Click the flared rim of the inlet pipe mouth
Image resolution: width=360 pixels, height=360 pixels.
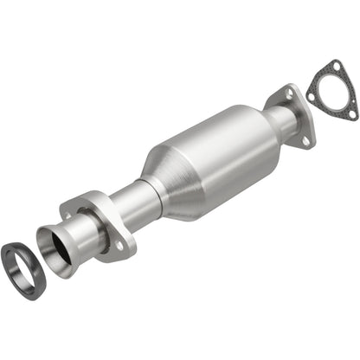point(42,235)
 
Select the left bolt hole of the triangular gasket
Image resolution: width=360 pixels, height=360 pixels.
point(312,98)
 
